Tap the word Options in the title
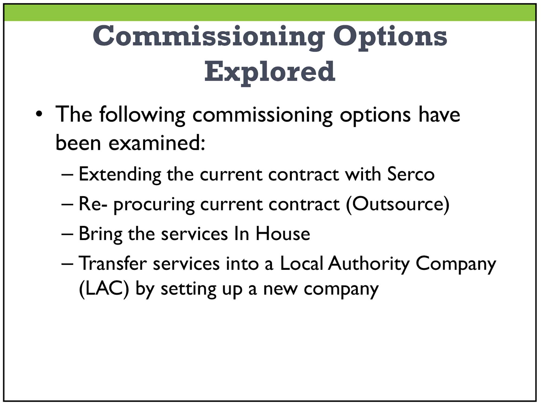pos(390,38)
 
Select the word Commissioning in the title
pos(209,38)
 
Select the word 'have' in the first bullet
pos(439,114)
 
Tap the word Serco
pos(411,174)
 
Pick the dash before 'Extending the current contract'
pos(67,175)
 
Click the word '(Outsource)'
pos(398,204)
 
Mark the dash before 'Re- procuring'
pos(67,204)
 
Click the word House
pos(283,233)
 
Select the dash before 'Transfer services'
pos(67,264)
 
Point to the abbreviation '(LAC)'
pos(104,289)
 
